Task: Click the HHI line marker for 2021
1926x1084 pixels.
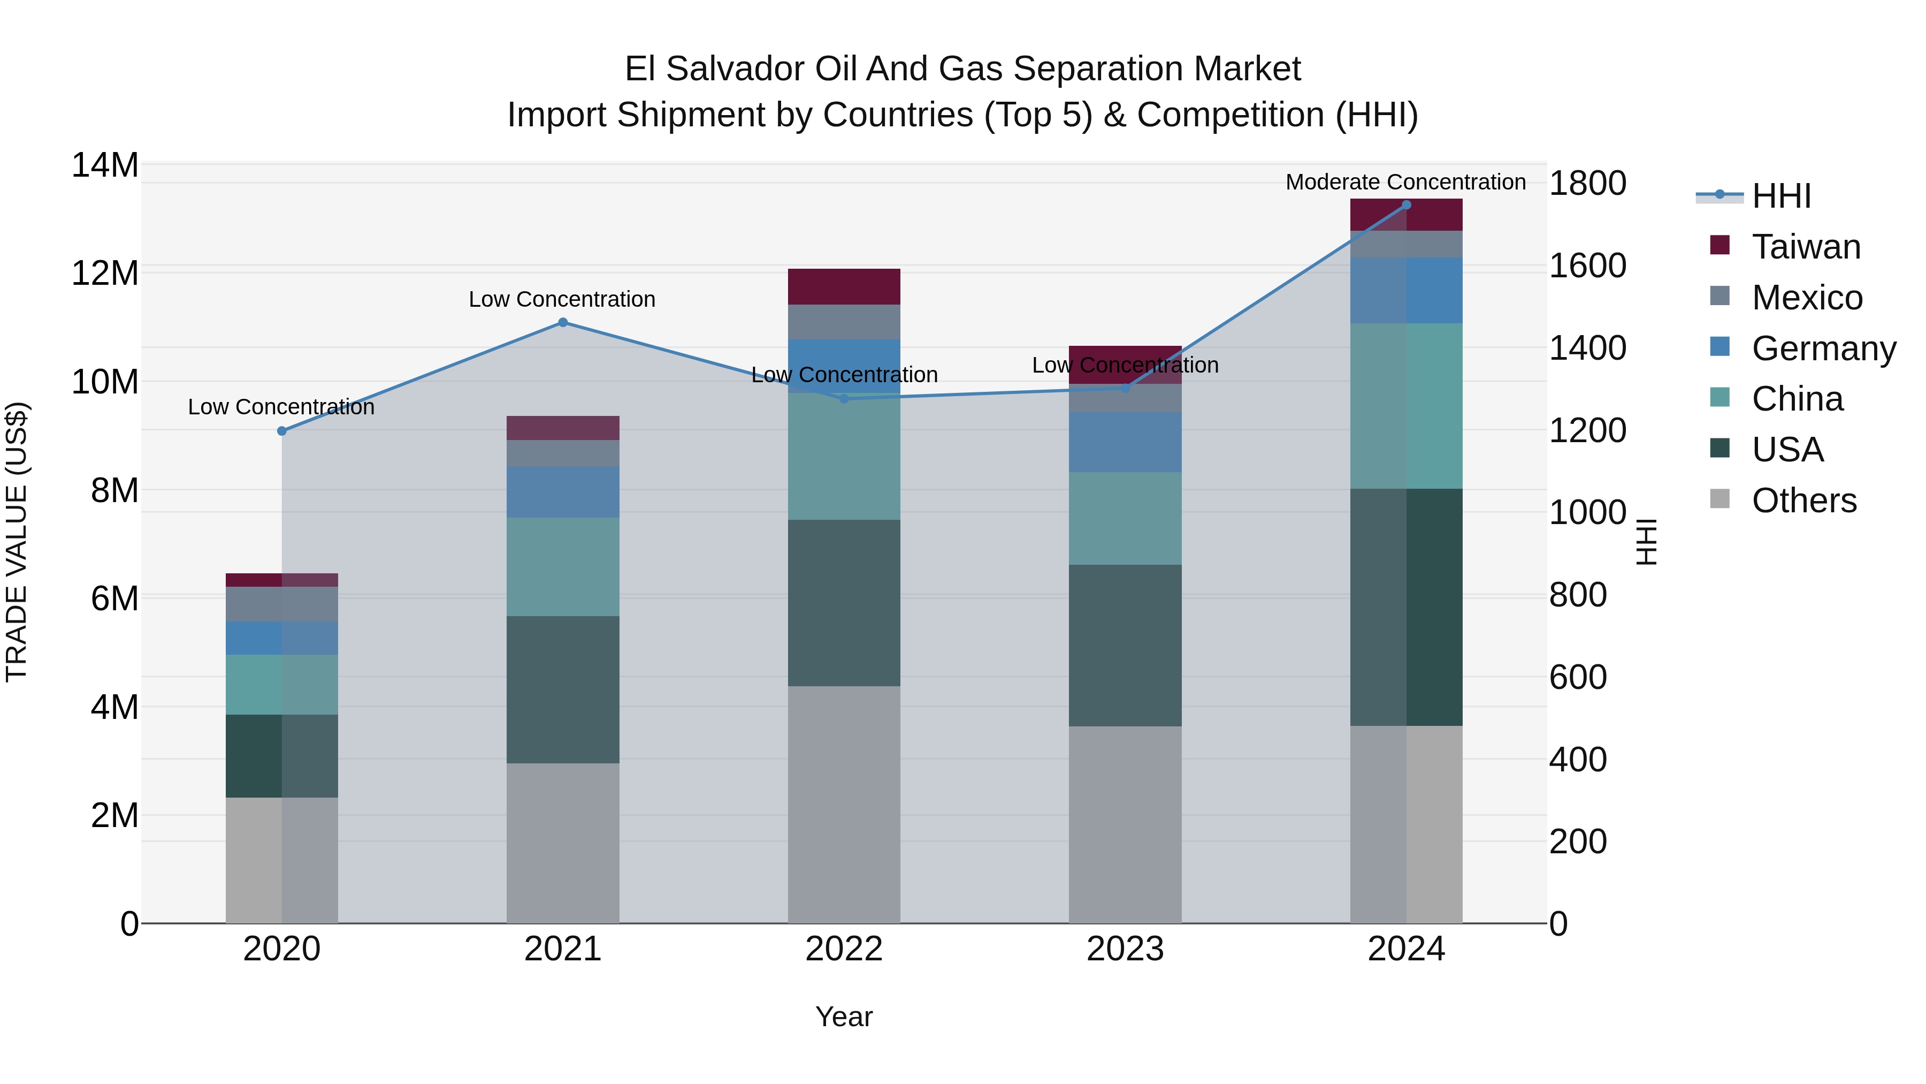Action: pyautogui.click(x=563, y=322)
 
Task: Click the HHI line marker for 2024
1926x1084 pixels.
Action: pyautogui.click(x=1407, y=205)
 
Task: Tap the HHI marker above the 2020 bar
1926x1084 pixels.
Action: pyautogui.click(x=282, y=431)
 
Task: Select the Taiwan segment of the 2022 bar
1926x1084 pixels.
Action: pyautogui.click(x=844, y=286)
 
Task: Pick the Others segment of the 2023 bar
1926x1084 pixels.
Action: pyautogui.click(x=1125, y=824)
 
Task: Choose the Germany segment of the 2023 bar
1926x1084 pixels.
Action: pyautogui.click(x=1125, y=442)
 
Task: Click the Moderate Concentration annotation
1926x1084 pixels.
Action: pyautogui.click(x=1405, y=183)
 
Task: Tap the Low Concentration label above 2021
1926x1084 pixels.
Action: pyautogui.click(x=562, y=299)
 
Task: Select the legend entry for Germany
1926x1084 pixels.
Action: pyautogui.click(x=1824, y=348)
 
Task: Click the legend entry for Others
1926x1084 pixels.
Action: pyautogui.click(x=1803, y=501)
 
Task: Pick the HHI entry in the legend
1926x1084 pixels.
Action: pyautogui.click(x=1781, y=196)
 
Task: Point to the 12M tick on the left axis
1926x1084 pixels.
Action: pyautogui.click(x=105, y=273)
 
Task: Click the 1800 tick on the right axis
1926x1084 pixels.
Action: pyautogui.click(x=1587, y=183)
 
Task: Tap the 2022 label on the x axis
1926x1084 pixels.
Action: pyautogui.click(x=844, y=949)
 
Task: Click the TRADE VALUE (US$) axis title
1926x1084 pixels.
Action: pyautogui.click(x=17, y=542)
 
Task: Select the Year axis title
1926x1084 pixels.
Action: pyautogui.click(x=844, y=1017)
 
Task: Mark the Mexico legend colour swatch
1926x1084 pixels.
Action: pyautogui.click(x=1719, y=296)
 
